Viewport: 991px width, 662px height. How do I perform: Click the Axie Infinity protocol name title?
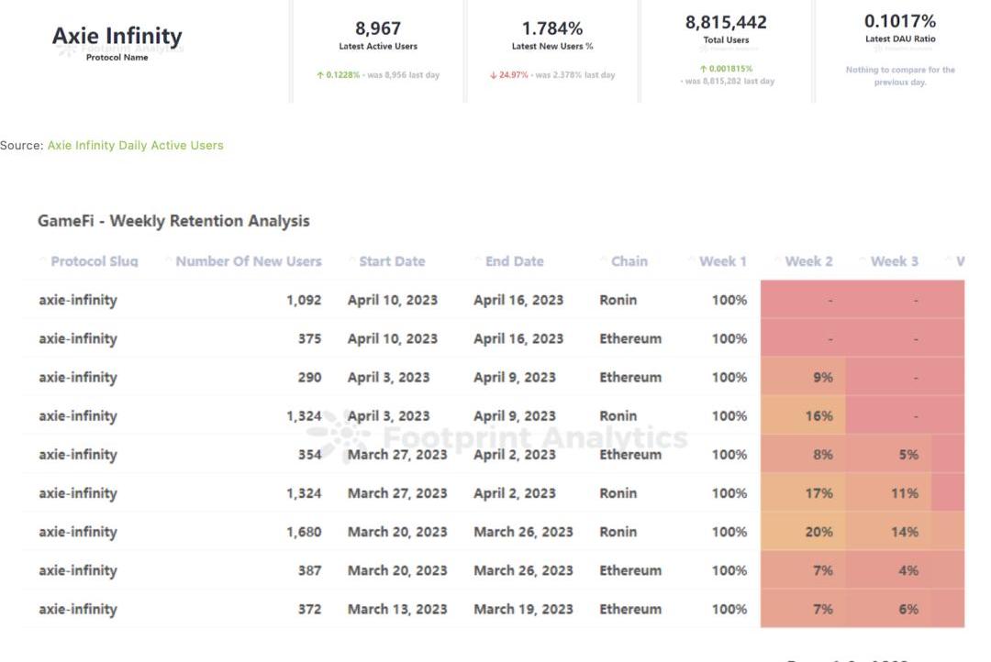point(117,36)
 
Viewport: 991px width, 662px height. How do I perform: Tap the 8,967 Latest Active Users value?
point(378,28)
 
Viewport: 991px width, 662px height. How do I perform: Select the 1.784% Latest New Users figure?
point(552,28)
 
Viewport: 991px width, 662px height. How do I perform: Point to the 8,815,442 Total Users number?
point(726,22)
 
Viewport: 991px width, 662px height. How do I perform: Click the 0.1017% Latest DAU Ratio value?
point(900,20)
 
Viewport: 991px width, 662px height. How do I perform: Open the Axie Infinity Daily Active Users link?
point(135,145)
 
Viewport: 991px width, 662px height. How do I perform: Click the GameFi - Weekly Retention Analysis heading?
point(173,221)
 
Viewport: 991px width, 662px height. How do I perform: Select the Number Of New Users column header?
point(248,261)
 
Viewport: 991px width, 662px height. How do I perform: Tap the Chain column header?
point(629,261)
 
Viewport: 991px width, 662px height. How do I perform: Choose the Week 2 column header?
point(808,261)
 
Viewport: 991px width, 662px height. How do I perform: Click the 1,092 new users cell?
point(304,300)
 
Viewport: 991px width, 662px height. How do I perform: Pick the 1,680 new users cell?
point(304,532)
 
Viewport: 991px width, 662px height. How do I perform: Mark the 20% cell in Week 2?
point(818,532)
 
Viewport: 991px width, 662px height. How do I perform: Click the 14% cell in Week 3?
point(904,532)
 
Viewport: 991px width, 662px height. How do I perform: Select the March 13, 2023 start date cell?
point(397,609)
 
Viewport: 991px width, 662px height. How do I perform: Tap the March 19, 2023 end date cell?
point(523,609)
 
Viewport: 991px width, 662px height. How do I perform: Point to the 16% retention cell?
point(818,415)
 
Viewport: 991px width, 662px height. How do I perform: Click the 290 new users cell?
point(309,377)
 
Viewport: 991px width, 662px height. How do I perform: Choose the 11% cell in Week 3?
point(904,493)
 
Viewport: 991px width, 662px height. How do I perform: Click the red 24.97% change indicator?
point(509,75)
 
